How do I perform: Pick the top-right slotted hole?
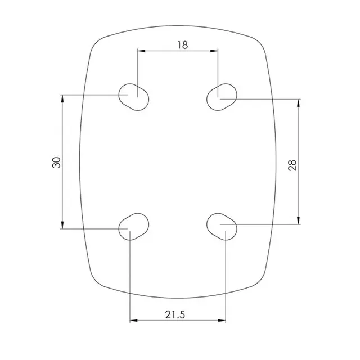coord(221,97)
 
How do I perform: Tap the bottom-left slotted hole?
coord(134,226)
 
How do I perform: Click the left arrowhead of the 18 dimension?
coord(141,51)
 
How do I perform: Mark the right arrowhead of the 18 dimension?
coord(215,51)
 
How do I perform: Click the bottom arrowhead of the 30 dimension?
coord(62,226)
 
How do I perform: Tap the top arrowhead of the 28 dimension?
coord(298,103)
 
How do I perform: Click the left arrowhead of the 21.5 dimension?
coord(133,321)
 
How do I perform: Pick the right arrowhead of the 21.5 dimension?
coord(223,321)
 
